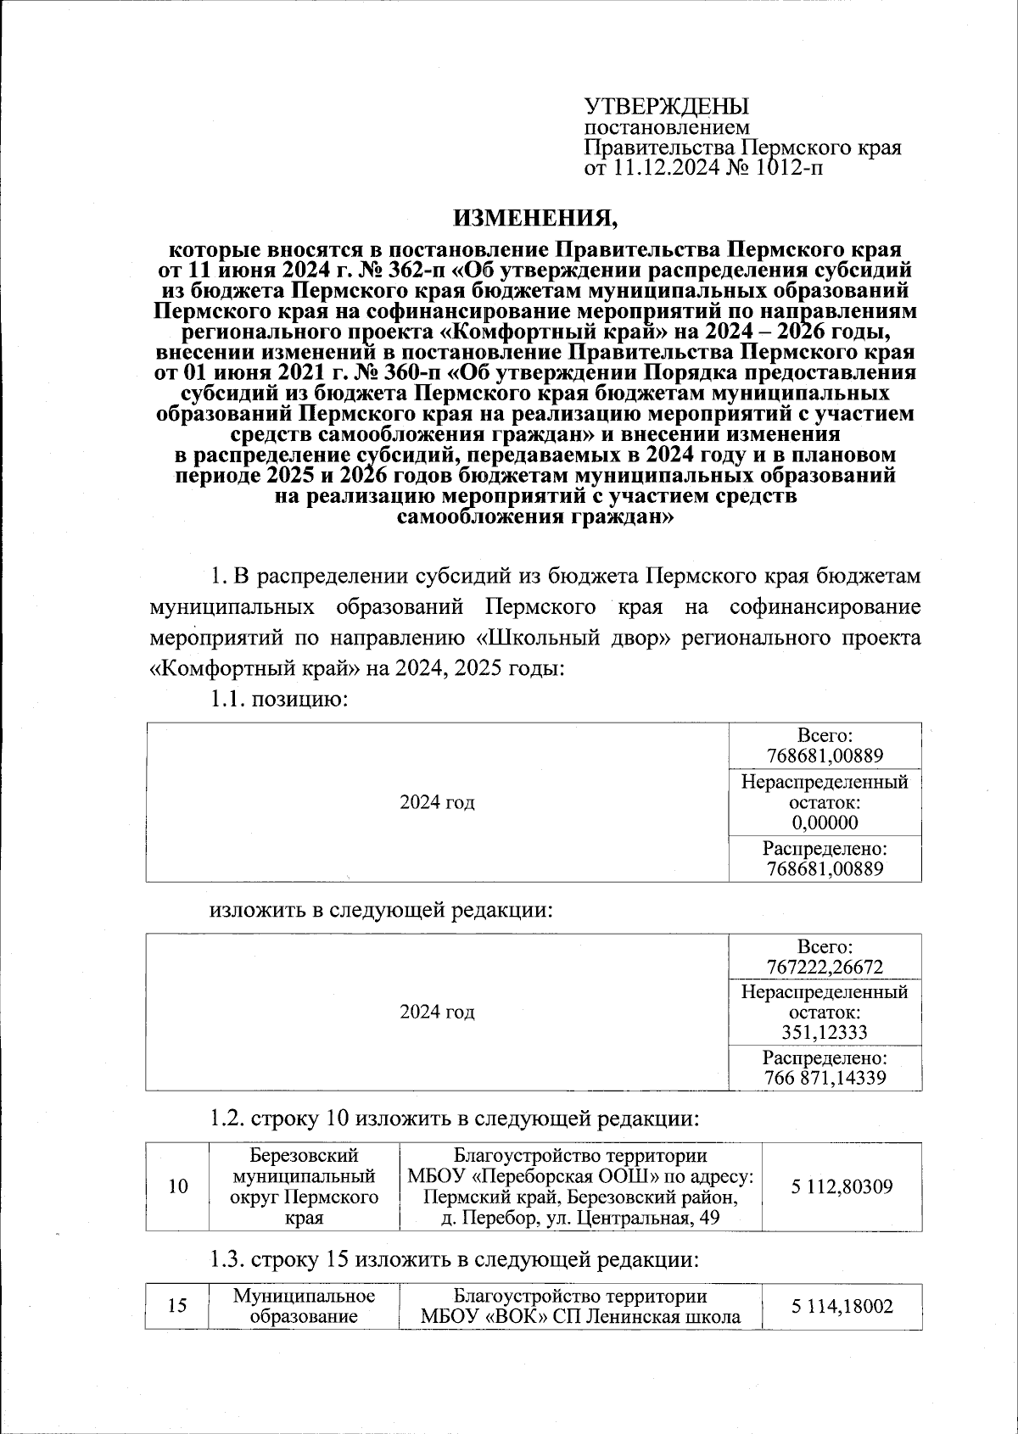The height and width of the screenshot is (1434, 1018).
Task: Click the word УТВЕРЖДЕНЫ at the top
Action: (667, 107)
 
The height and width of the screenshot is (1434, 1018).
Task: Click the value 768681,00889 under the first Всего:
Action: (825, 756)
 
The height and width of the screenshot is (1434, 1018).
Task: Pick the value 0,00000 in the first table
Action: (825, 823)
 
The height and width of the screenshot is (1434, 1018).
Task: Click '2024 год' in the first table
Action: (437, 802)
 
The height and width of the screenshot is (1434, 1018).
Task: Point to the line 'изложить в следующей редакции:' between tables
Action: (382, 911)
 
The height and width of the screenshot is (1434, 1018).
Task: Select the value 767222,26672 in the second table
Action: (825, 967)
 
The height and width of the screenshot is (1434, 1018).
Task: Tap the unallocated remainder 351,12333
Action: (825, 1032)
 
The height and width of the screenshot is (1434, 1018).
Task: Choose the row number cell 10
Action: (177, 1186)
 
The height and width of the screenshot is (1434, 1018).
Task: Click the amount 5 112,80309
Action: (842, 1186)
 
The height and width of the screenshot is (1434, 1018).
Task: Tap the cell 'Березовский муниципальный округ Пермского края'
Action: (304, 1186)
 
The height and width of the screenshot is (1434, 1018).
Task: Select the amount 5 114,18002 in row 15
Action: (842, 1307)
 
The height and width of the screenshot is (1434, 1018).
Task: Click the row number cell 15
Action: (177, 1306)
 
